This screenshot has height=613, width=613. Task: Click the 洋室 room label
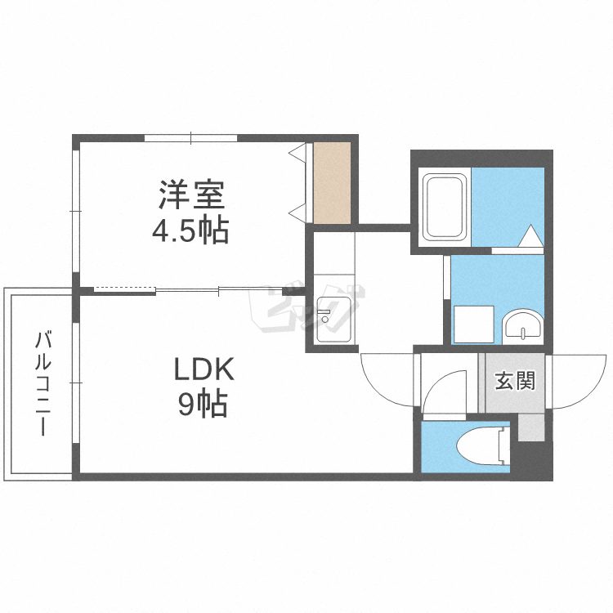191,195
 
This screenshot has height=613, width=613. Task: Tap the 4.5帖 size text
190,230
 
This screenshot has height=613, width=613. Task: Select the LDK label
204,369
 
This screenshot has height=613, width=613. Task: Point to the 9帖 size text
203,404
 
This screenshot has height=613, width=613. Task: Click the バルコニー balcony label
43,383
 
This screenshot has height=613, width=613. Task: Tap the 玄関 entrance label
514,381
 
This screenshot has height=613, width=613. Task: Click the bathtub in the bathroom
445,208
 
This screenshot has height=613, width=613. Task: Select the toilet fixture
484,446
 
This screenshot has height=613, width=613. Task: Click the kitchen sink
333,320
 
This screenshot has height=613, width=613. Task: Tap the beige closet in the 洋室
333,183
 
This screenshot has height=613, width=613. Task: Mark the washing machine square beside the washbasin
474,324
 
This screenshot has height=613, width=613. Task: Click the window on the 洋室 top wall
190,138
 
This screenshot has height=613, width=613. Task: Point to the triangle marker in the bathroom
530,235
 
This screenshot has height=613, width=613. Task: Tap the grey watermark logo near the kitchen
306,309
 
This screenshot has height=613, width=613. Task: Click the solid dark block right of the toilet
532,460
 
